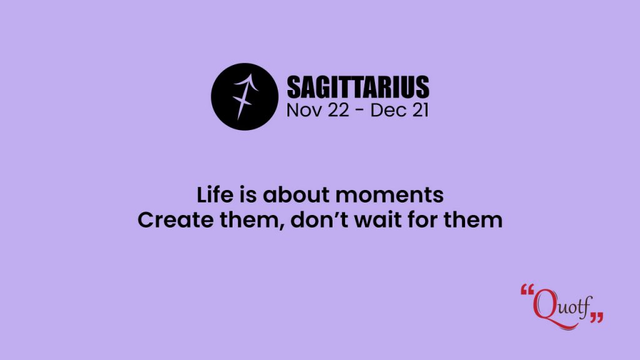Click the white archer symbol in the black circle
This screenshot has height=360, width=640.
pyautogui.click(x=245, y=97)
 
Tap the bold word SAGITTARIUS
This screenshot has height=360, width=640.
pyautogui.click(x=358, y=87)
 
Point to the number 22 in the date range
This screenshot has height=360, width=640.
pyautogui.click(x=338, y=110)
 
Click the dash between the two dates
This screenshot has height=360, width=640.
pyautogui.click(x=359, y=111)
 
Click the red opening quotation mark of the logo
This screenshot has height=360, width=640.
pyautogui.click(x=527, y=290)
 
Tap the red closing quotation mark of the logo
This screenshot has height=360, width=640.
pyautogui.click(x=597, y=317)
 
